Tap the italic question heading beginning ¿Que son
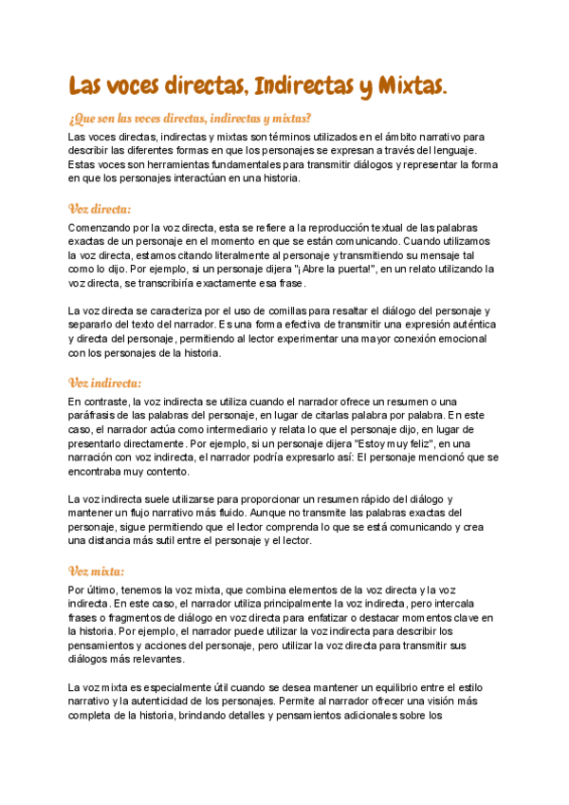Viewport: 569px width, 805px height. (x=190, y=118)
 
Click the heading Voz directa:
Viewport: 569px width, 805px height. (x=101, y=209)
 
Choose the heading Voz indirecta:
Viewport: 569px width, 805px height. (x=105, y=383)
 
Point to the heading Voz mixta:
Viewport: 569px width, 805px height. (x=98, y=571)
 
